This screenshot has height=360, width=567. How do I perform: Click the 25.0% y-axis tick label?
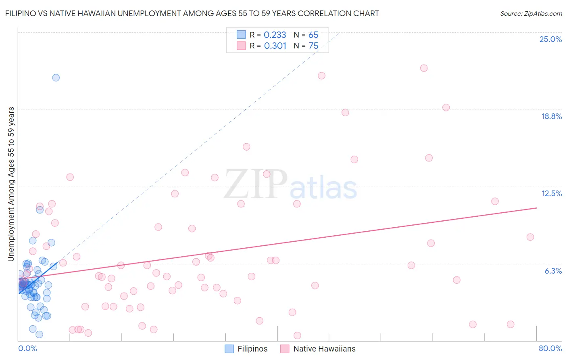(550, 39)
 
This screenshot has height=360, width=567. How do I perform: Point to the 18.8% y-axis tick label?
(551, 116)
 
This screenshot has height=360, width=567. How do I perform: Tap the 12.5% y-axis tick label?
(551, 193)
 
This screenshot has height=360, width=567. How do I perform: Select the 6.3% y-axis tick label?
(553, 271)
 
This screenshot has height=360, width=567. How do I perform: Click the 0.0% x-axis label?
(27, 348)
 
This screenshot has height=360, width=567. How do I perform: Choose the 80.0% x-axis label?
(550, 348)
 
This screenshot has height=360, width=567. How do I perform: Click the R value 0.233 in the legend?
(275, 35)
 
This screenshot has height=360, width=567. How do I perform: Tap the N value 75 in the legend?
(313, 46)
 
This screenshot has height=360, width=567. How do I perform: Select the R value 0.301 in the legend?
(275, 46)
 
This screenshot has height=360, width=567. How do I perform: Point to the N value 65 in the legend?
(313, 35)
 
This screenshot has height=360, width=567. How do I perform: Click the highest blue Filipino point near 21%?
(56, 77)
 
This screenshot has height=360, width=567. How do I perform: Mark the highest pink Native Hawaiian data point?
(424, 68)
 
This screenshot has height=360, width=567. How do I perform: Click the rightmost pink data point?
(530, 237)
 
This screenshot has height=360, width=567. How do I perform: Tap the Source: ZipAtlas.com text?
(531, 14)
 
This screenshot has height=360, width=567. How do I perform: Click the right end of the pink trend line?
(536, 208)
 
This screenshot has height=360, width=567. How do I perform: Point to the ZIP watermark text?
(256, 184)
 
